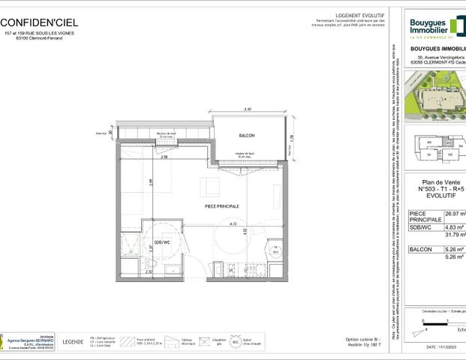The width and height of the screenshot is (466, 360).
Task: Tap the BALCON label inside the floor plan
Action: pyautogui.click(x=247, y=136)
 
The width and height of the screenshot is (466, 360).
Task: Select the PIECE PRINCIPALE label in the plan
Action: pyautogui.click(x=222, y=205)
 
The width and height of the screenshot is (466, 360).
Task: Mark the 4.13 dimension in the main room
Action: pyautogui.click(x=233, y=223)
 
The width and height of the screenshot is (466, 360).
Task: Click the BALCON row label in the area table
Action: pyautogui.click(x=421, y=249)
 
